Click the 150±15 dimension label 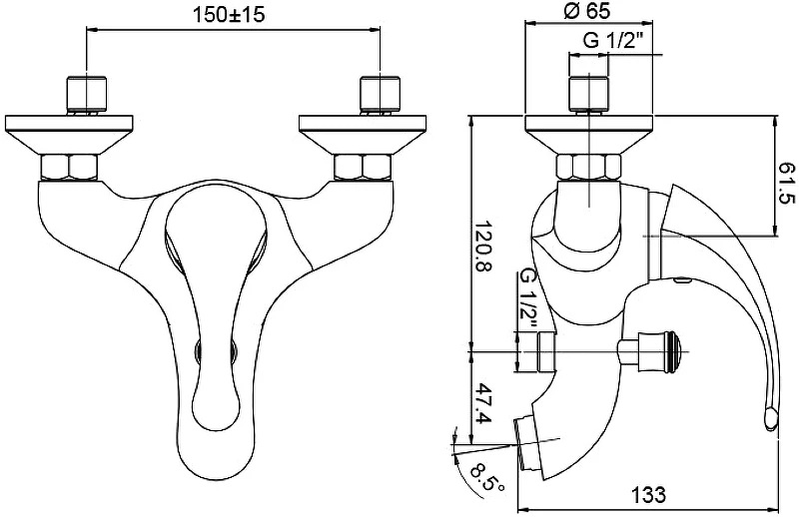coord(229,14)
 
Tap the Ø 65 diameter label coord(587,11)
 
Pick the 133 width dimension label coord(649,494)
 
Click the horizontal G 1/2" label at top coord(614,40)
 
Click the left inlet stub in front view coord(87,94)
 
